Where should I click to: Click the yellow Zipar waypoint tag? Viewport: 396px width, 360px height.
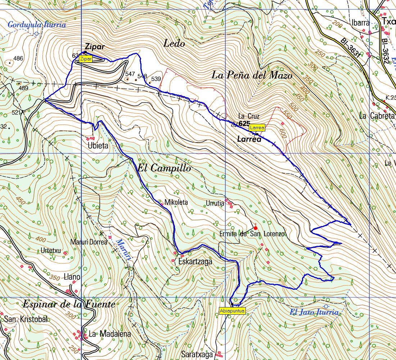tap(86, 59)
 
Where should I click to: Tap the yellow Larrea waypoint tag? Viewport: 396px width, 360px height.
tap(257, 128)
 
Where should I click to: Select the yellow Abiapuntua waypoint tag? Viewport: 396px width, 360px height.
tap(232, 311)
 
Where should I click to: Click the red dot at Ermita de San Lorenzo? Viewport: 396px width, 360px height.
tap(256, 228)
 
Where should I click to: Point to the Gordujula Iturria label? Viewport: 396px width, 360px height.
tap(37, 25)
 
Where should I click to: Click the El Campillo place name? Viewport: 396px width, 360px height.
tap(164, 168)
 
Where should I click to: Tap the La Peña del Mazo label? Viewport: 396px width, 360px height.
tap(252, 75)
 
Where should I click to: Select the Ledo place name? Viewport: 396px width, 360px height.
tap(174, 44)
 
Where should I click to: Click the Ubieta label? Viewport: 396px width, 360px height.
tap(98, 146)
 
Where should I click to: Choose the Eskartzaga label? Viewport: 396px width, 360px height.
tap(195, 262)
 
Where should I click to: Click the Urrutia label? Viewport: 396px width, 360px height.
tap(215, 203)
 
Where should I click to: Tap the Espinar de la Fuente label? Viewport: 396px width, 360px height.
tap(69, 305)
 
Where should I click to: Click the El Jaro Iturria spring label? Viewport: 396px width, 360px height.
tap(314, 312)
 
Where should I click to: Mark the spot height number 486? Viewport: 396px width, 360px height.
tap(18, 58)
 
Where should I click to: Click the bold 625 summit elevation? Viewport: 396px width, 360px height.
tap(244, 123)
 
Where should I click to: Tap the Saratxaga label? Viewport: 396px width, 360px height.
tap(197, 354)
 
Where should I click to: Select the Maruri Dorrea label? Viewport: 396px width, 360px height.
tap(89, 242)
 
